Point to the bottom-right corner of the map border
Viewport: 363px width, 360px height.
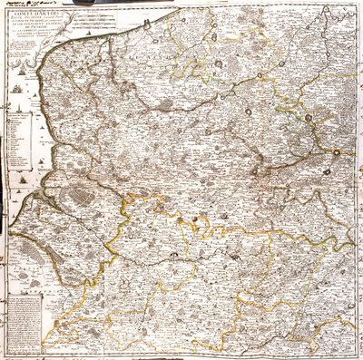(353, 352)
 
